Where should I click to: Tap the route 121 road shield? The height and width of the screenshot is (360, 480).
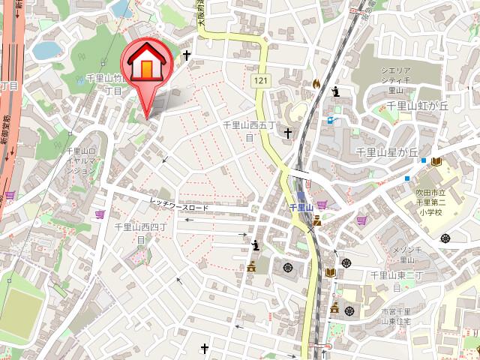pyautogui.click(x=259, y=80)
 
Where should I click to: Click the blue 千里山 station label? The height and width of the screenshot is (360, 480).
pyautogui.click(x=299, y=205)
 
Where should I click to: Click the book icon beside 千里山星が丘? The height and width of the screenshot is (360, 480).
pyautogui.click(x=435, y=161)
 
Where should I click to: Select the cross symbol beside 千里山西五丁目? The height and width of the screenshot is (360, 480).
pyautogui.click(x=288, y=133)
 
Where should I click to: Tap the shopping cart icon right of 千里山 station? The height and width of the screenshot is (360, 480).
pyautogui.click(x=322, y=205)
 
